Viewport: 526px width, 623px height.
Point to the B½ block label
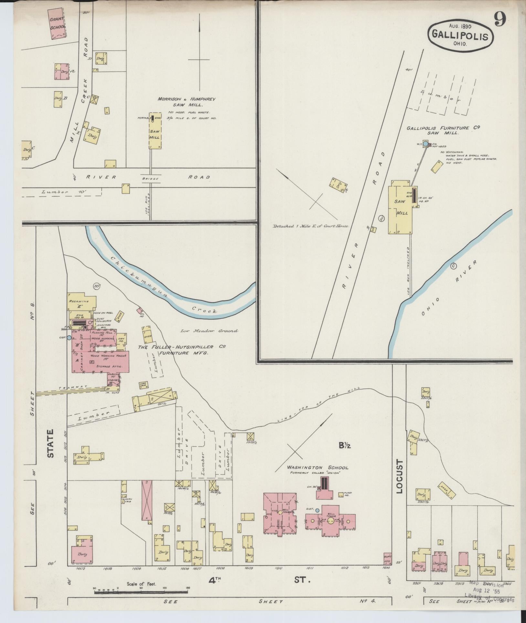coord(345,446)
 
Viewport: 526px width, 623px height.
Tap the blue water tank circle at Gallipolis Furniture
coord(426,143)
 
